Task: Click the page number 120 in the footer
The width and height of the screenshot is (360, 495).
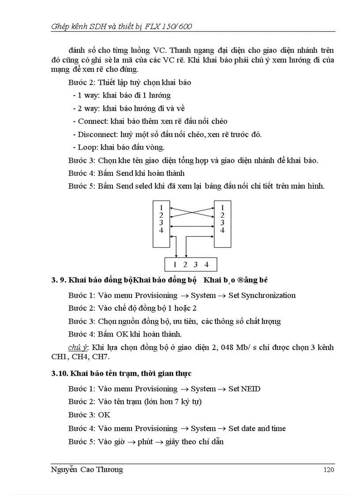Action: click(x=329, y=470)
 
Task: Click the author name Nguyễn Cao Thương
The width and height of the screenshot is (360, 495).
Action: click(x=87, y=470)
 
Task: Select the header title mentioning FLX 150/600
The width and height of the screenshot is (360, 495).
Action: click(x=121, y=26)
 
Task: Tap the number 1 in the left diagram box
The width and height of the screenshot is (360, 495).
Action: click(x=161, y=207)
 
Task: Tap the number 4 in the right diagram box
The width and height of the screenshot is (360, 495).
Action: click(x=222, y=230)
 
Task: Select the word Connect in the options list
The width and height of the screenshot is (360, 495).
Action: click(x=92, y=121)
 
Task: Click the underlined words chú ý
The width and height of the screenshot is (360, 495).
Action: click(x=77, y=348)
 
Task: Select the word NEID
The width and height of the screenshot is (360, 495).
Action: click(x=251, y=389)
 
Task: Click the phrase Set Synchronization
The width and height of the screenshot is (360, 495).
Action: click(x=262, y=295)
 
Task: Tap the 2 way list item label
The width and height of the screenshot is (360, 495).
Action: click(x=86, y=108)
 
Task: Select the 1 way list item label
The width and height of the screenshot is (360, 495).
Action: click(x=86, y=95)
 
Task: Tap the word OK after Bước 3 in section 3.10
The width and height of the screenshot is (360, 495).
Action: click(x=105, y=415)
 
